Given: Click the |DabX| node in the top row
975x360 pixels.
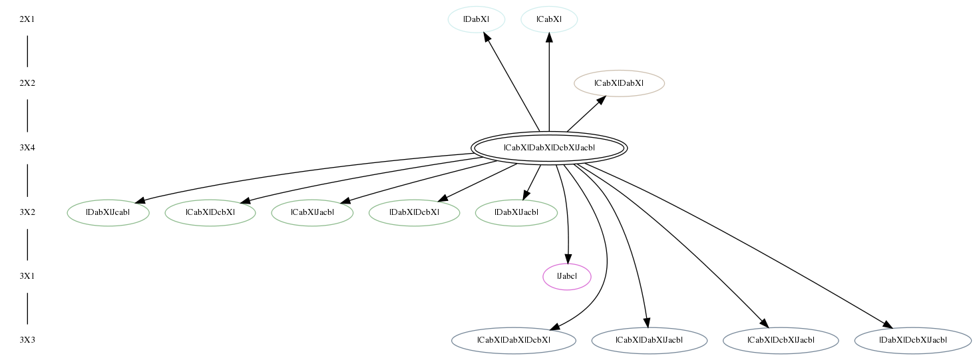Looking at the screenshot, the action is tap(476, 19).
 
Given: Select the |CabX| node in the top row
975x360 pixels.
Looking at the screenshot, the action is tap(549, 19).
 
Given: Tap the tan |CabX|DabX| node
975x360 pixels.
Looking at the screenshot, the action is tap(619, 83).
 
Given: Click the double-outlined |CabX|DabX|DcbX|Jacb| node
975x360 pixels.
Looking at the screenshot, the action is tap(549, 148).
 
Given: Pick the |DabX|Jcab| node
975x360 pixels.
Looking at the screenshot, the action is tap(108, 212).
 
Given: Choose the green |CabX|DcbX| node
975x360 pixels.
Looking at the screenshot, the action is tap(210, 212).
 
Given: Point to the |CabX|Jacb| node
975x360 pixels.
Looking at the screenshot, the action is tap(312, 212).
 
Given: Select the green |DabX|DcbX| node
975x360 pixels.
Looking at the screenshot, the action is tap(415, 212).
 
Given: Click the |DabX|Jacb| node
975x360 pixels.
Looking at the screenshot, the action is tap(516, 212).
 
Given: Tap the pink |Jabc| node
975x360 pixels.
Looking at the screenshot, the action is tap(567, 276).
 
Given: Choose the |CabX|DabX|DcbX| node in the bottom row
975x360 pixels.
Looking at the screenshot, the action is tap(514, 341).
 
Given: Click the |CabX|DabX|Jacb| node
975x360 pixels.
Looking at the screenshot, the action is tap(649, 341).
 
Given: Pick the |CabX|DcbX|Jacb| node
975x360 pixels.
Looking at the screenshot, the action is tap(781, 341).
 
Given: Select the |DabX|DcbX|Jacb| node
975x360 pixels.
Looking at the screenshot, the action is tap(912, 341).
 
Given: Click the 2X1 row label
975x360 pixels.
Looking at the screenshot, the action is tap(27, 19).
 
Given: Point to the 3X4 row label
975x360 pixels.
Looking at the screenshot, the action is tap(27, 148).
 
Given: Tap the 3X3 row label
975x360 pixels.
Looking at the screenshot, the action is tap(27, 340).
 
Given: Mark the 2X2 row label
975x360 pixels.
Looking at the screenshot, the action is tap(27, 83).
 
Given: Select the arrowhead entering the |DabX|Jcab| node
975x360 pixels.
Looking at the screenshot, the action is tap(140, 201).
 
